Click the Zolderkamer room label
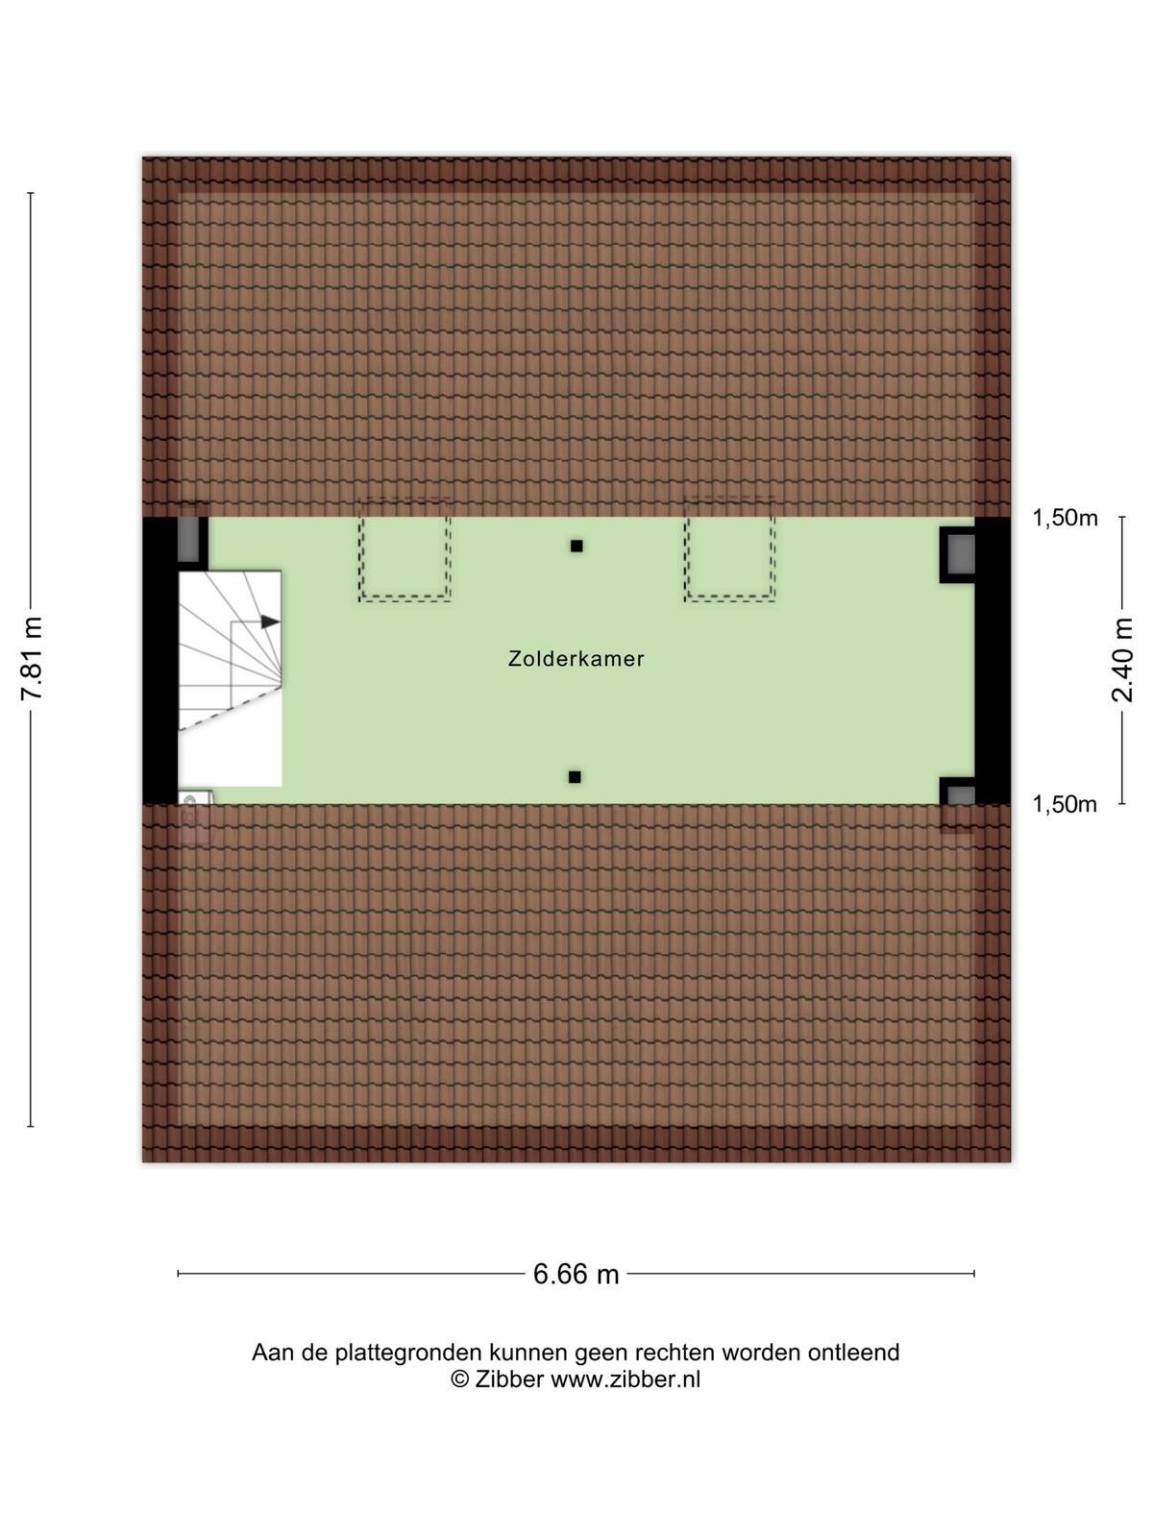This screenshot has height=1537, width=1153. coord(576,659)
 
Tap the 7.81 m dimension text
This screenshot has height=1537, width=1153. coord(33,658)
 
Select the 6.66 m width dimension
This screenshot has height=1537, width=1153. coord(576,1274)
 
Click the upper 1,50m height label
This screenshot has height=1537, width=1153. coord(1065,518)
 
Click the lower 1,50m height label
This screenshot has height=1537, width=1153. coord(1064,805)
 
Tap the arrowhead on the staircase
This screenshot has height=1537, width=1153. coord(270,622)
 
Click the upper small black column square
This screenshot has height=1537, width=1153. coord(576,547)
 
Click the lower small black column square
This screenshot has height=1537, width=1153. coord(575,776)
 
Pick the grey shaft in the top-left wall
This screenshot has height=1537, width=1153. coord(189,539)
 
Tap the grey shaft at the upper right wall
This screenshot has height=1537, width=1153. coord(961,554)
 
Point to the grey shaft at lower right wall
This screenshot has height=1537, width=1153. coord(961,795)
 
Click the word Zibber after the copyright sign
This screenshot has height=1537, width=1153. coord(509,1378)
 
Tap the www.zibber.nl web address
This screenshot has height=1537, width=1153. coord(626,1378)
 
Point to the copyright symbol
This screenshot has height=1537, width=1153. coord(459,1379)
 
